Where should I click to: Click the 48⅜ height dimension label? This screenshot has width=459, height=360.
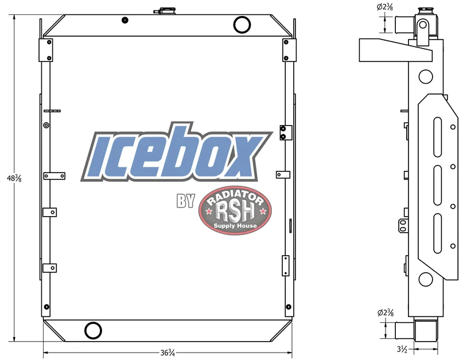(x=14, y=178)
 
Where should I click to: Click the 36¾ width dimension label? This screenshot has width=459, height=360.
(x=168, y=353)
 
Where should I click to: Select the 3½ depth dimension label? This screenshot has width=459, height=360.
(x=402, y=349)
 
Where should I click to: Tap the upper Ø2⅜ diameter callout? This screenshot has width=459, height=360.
(x=384, y=7)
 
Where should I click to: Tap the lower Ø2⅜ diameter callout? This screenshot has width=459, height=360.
(x=386, y=312)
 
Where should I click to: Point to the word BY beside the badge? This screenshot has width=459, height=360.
(x=185, y=200)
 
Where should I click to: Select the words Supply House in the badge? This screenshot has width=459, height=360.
(x=235, y=225)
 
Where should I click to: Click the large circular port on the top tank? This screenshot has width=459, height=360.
(x=242, y=25)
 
